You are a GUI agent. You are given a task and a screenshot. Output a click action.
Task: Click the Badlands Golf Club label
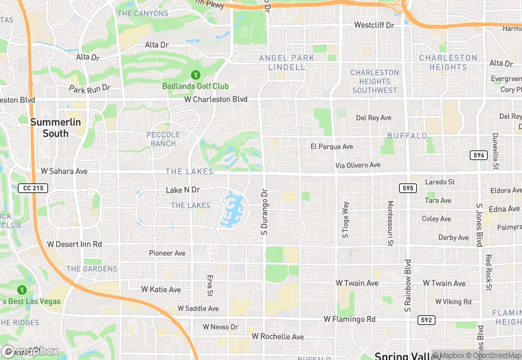point(196,86)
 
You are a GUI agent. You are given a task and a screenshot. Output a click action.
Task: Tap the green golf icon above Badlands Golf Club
point(196,74)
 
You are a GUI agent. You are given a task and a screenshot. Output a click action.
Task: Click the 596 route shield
point(479,155)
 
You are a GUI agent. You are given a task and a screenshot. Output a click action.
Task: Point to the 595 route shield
point(407,188)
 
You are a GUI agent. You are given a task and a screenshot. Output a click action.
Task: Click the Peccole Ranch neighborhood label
point(163,139)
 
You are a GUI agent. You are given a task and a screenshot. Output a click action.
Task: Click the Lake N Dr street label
point(183,190)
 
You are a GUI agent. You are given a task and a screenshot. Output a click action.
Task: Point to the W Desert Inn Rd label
point(74,244)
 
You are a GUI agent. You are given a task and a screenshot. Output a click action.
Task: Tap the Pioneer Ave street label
point(168,253)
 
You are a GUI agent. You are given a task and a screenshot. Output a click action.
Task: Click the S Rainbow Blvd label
point(407,284)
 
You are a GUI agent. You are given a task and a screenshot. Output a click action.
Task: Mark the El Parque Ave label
point(331,146)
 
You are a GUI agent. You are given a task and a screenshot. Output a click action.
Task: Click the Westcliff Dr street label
point(374,25)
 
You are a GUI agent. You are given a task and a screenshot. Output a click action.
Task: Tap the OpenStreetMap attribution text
point(492,355)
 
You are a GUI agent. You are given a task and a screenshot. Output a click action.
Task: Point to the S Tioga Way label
point(345,219)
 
